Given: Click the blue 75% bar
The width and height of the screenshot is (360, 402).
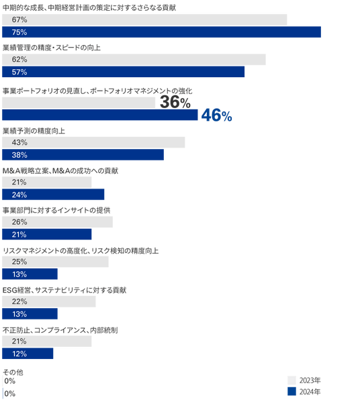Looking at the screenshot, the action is tap(161, 32).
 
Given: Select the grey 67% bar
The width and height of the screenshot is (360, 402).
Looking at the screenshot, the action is tap(144, 19).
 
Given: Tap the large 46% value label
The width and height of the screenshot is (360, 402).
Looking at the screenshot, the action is tap(216, 115).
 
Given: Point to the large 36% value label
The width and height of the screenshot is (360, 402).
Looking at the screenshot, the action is tap(175, 102).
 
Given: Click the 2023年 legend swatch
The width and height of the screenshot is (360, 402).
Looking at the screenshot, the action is tap(291, 381).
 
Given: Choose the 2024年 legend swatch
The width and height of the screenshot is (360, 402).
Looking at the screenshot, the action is tap(291, 391).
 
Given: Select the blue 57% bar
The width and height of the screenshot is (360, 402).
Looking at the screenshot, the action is tap(123, 72).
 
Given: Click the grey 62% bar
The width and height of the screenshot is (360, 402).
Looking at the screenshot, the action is tap(134, 60).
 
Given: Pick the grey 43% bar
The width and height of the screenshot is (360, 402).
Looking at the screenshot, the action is tap(93, 142).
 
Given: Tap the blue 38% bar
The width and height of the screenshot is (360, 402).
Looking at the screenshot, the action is tap(83, 155).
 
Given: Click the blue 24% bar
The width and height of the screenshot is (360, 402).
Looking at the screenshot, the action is tap(53, 195).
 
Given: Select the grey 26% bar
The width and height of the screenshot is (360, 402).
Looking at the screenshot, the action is tap(57, 222).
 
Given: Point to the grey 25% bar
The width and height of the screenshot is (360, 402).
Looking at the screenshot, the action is tap(55, 262).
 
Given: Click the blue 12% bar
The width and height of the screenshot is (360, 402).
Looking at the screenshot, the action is tap(28, 354).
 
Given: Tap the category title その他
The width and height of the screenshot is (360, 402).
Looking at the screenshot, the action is tap(13, 372).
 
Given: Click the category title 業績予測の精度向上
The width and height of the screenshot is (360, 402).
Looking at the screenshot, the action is tap(34, 131).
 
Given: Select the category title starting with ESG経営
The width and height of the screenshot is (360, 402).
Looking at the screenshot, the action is tap(64, 290).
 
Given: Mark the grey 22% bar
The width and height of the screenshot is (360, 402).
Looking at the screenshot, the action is tap(49, 301).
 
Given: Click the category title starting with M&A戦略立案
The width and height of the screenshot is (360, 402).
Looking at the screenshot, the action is tap(60, 170).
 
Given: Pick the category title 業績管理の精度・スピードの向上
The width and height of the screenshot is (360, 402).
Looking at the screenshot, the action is tap(52, 48).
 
